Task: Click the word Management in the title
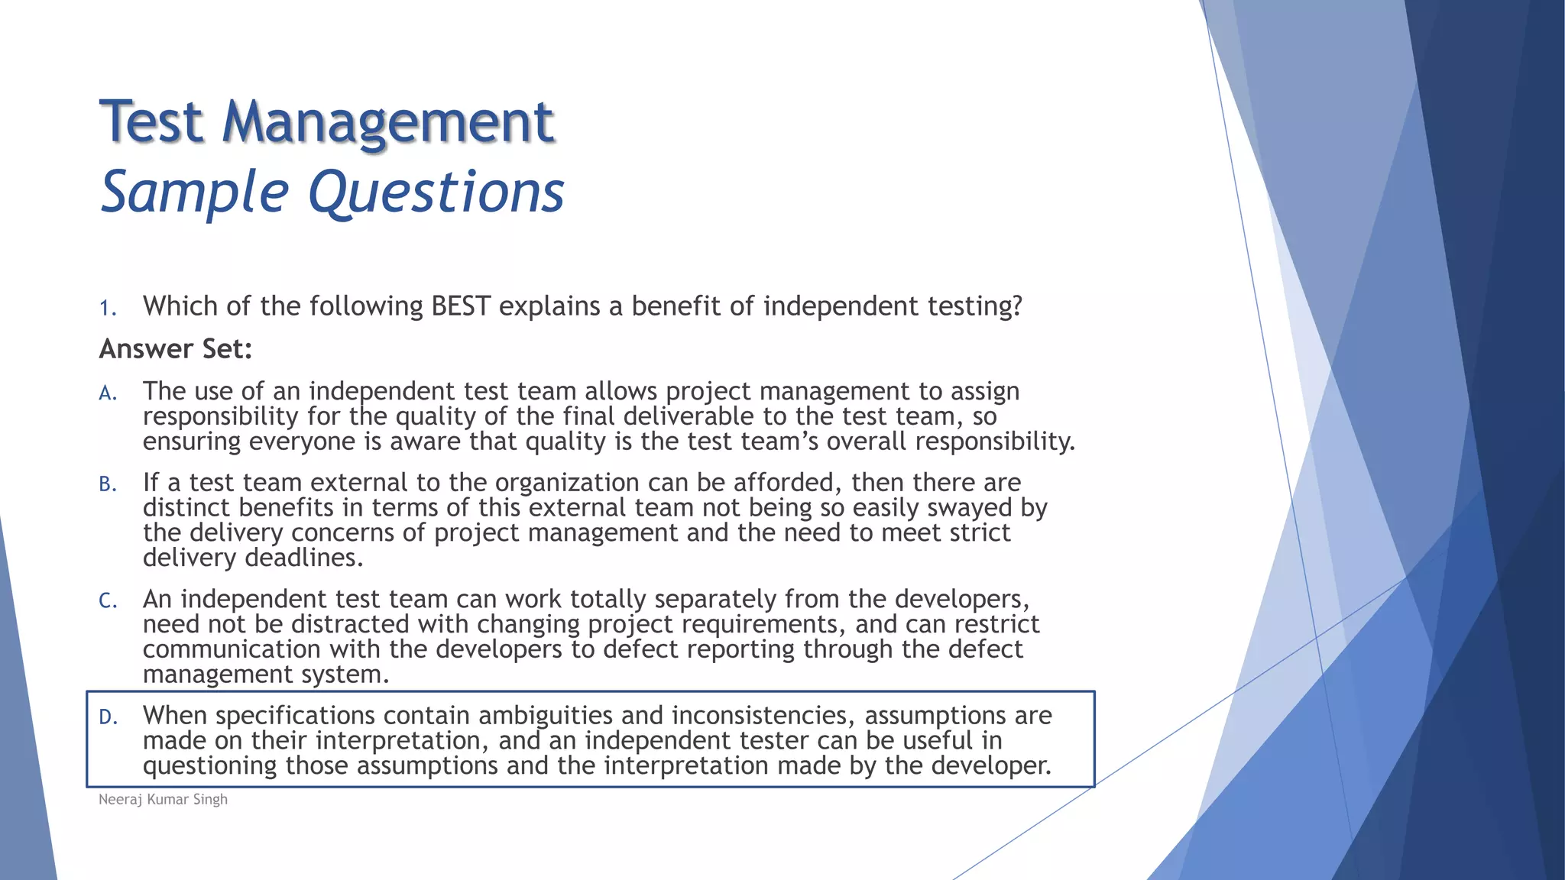[x=387, y=122]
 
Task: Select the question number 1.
[x=107, y=308]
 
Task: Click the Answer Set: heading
[x=175, y=349]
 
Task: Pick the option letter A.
[x=107, y=393]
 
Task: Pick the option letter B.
[x=107, y=484]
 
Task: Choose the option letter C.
[x=107, y=601]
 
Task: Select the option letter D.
[x=107, y=717]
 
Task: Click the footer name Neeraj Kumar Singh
[x=163, y=799]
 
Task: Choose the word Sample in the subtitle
[x=194, y=192]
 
